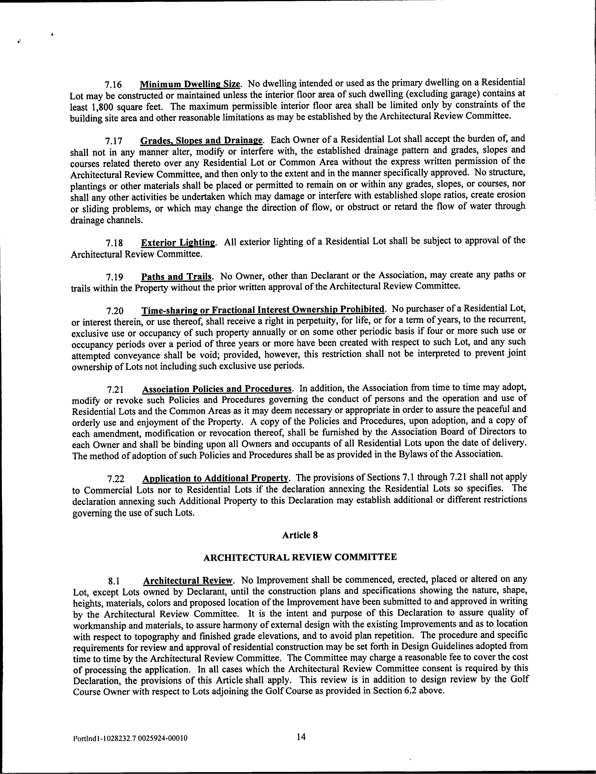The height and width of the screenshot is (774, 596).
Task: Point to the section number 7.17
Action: pos(114,141)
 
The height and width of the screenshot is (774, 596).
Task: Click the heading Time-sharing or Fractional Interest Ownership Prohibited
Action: pos(263,310)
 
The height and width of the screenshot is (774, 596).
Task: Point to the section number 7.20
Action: pos(115,311)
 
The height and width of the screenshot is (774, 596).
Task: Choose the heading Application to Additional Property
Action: pos(216,478)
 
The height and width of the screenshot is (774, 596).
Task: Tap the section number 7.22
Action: pos(116,479)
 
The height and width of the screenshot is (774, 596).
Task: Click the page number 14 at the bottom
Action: pos(301,737)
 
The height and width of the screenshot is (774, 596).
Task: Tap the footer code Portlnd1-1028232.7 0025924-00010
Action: pos(130,739)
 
